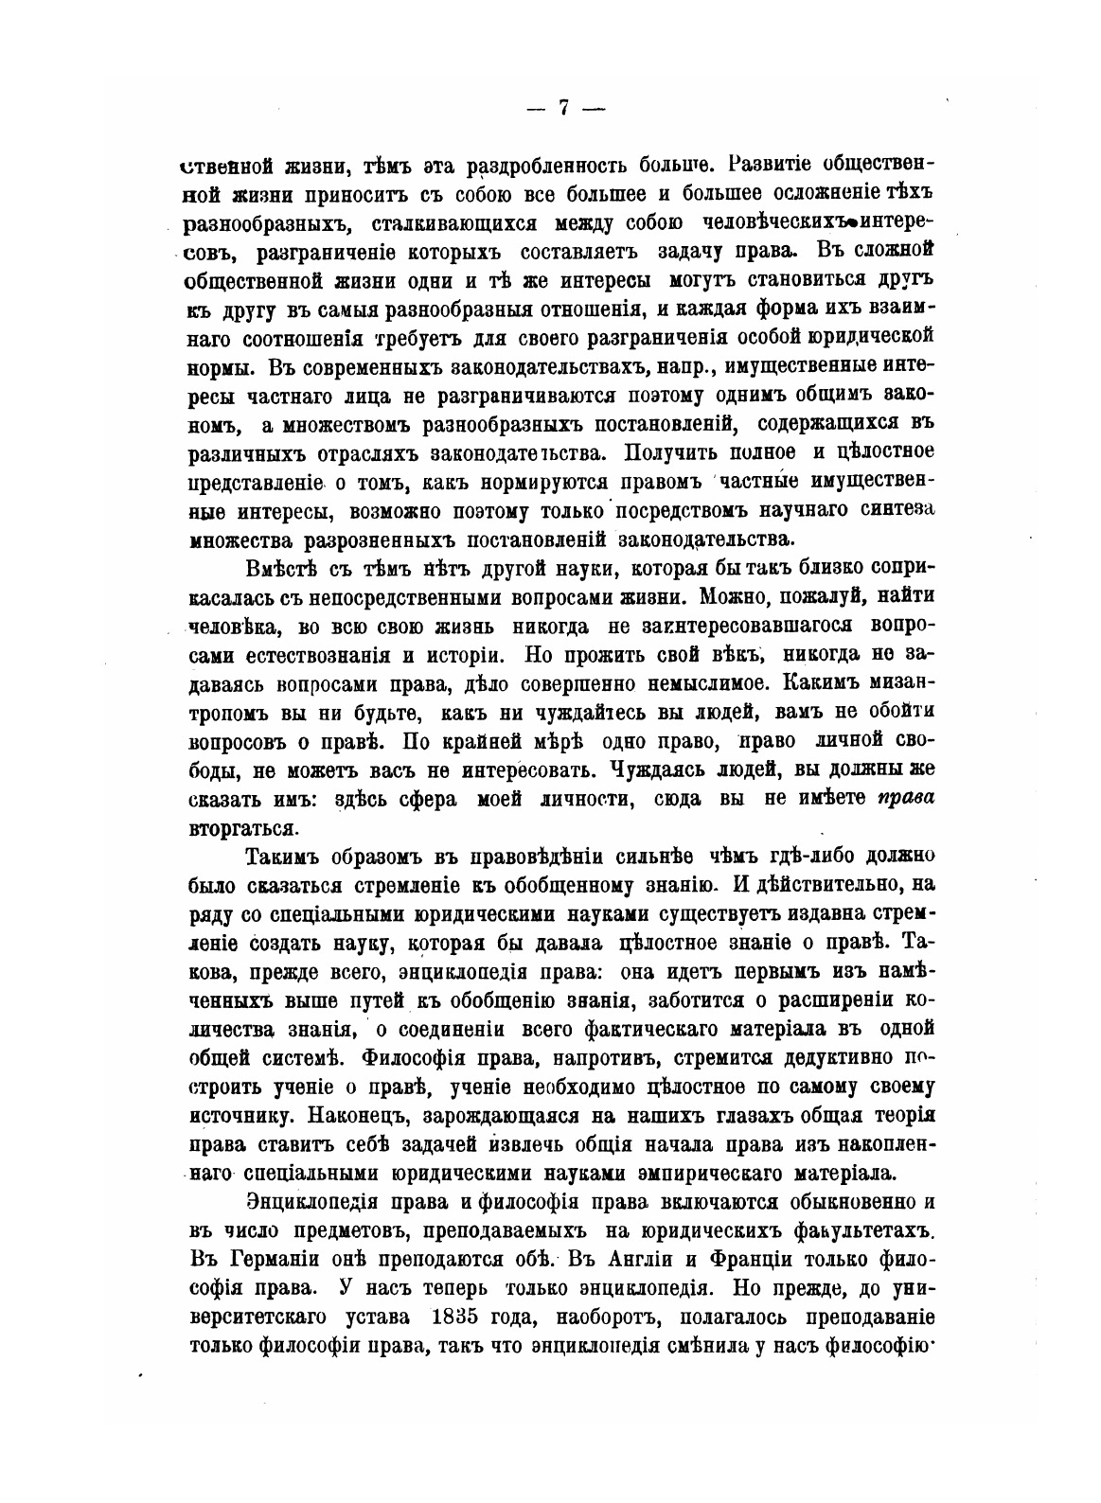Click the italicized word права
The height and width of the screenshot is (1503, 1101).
click(x=907, y=798)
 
